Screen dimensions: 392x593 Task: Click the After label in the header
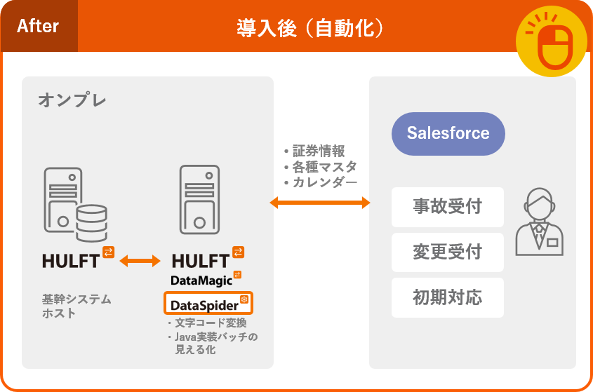point(38,27)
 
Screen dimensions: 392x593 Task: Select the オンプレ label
point(72,100)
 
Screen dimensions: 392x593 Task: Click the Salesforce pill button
point(448,133)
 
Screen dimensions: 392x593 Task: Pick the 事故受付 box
point(448,207)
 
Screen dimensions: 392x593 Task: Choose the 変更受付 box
point(448,252)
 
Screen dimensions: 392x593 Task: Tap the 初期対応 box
point(448,297)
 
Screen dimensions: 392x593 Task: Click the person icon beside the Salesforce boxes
point(539,222)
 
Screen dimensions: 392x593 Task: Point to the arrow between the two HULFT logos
point(140,261)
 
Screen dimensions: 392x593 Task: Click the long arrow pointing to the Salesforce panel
point(320,203)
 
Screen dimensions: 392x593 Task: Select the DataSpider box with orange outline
point(208,304)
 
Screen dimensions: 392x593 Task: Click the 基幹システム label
point(76,299)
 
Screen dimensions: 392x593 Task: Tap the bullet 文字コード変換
point(210,323)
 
